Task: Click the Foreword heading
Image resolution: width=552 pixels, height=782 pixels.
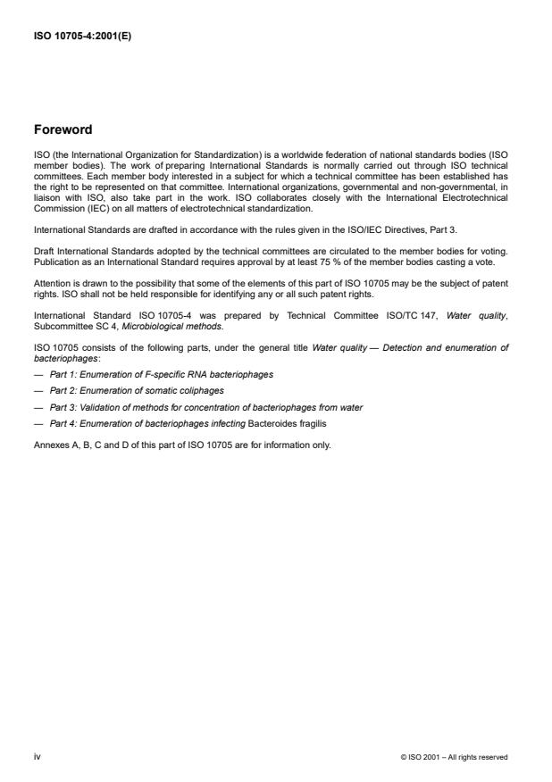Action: tap(63, 129)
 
